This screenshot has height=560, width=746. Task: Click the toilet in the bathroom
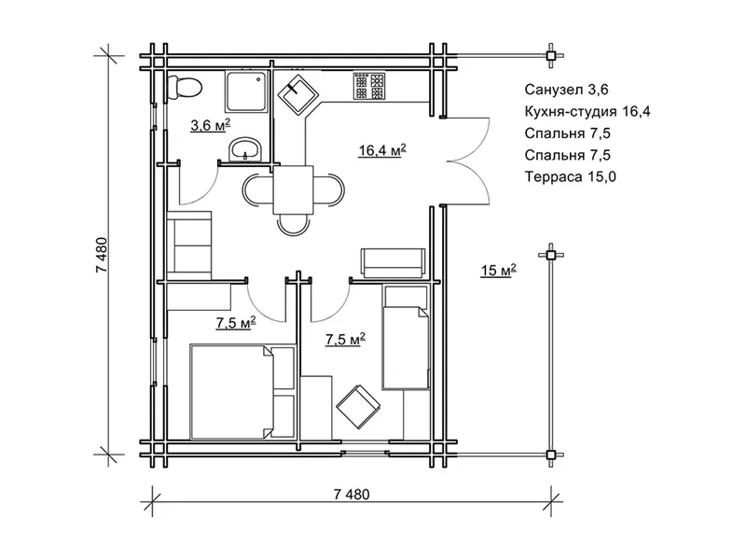[184, 88]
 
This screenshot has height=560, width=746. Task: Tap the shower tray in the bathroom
[246, 91]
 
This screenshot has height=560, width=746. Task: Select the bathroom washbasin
[245, 150]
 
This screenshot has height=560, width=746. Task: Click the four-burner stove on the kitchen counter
[369, 86]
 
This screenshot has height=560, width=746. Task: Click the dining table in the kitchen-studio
[293, 189]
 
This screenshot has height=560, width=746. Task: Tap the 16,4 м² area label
[382, 150]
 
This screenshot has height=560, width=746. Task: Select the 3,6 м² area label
[211, 125]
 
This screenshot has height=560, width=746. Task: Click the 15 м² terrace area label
[498, 270]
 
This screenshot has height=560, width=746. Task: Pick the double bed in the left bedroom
[231, 391]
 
